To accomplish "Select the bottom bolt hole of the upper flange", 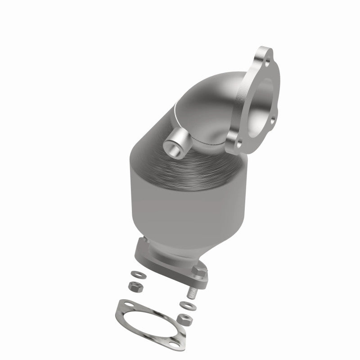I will tap(238, 143).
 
